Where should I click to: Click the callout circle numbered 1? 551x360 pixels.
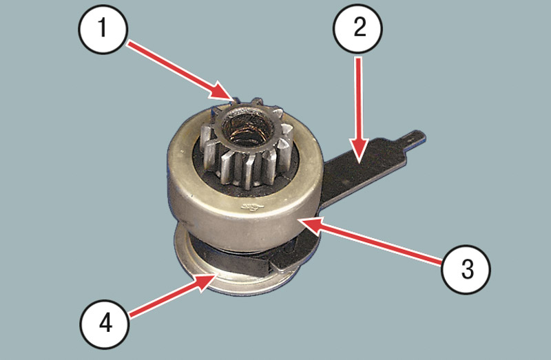pyautogui.click(x=102, y=29)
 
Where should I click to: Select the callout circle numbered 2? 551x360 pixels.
pyautogui.click(x=357, y=28)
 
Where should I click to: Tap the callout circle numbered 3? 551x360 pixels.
pyautogui.click(x=466, y=269)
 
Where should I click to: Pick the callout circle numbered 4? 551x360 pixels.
pyautogui.click(x=105, y=324)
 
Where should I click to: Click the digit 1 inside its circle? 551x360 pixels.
pyautogui.click(x=102, y=28)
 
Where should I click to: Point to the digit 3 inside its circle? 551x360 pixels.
pyautogui.click(x=467, y=270)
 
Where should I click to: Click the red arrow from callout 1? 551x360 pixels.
pyautogui.click(x=180, y=72)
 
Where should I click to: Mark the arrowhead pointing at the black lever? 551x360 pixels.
pyautogui.click(x=358, y=164)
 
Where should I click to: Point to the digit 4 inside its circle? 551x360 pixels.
pyautogui.click(x=105, y=323)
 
